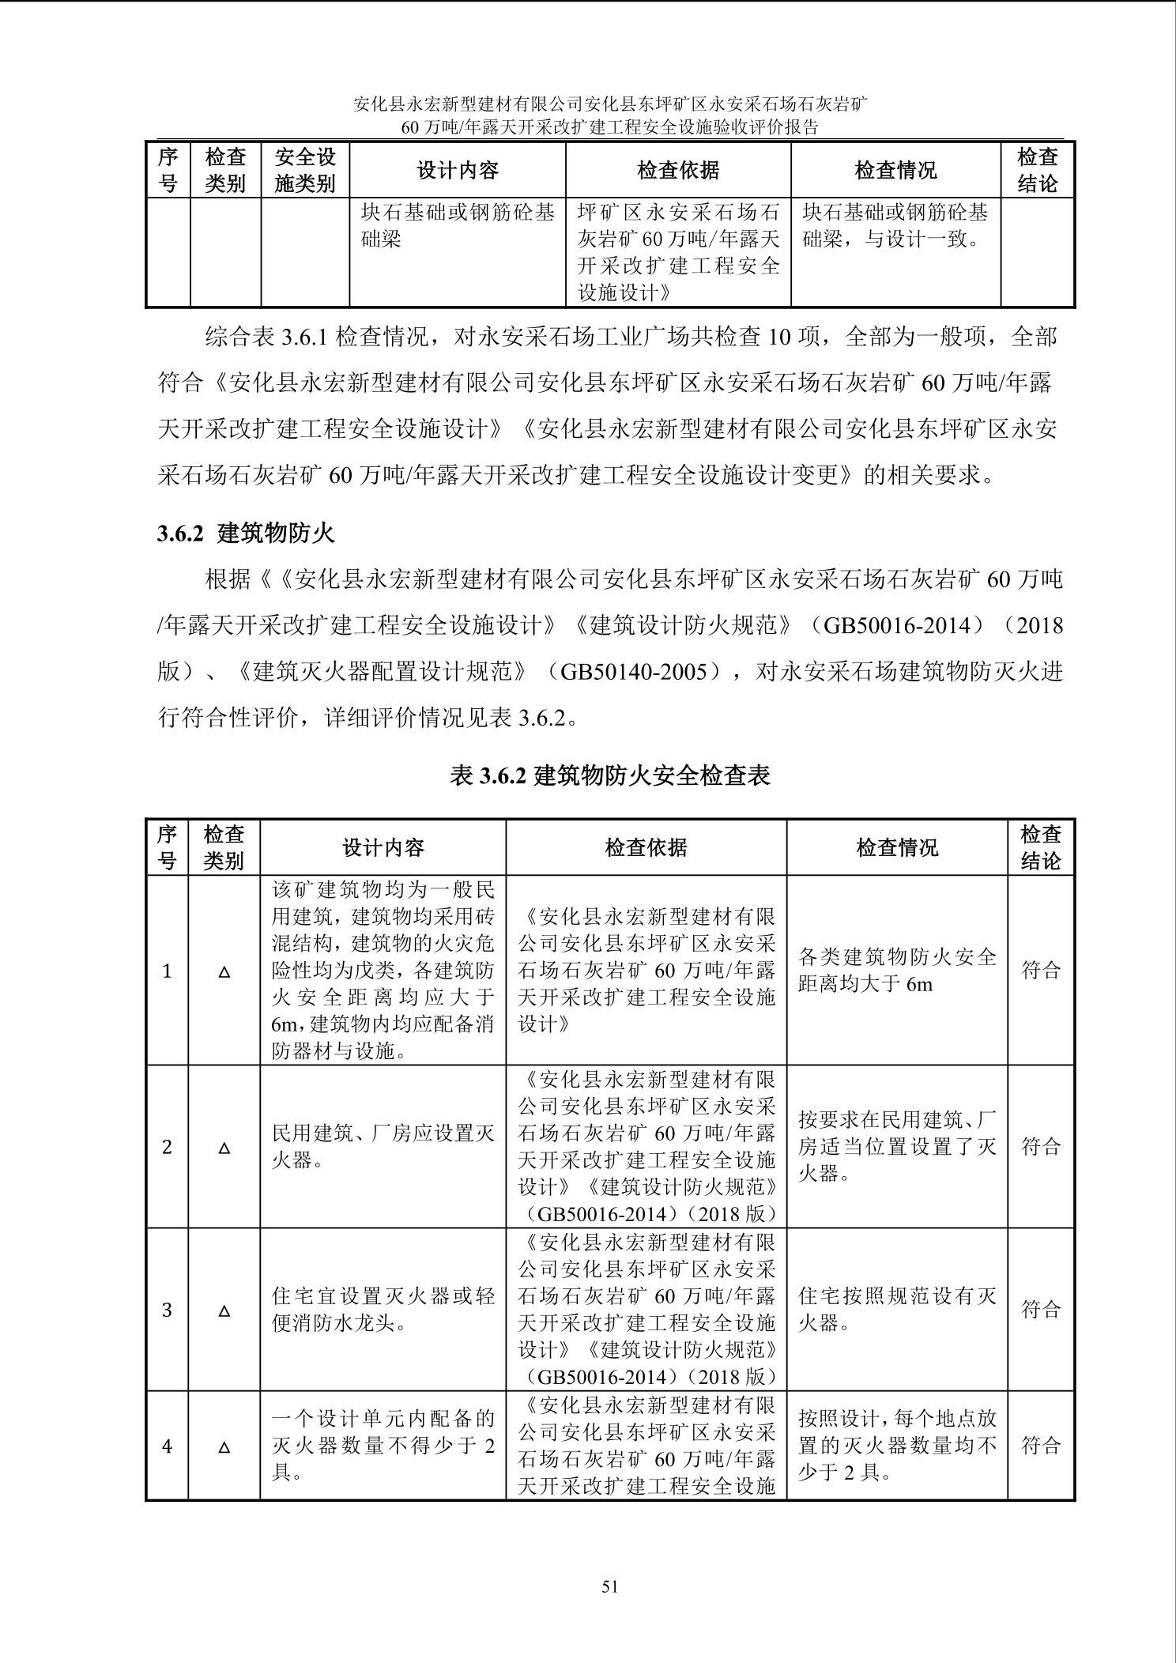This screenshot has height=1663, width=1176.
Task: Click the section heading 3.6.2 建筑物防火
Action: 246,534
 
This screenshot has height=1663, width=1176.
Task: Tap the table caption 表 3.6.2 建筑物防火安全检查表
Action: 609,775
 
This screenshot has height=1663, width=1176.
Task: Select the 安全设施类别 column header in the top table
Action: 305,170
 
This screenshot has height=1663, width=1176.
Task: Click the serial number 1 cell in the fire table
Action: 167,971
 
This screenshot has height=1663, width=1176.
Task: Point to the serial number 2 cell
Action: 167,1146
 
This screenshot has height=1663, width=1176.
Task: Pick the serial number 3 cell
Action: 167,1310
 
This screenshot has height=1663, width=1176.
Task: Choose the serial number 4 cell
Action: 167,1446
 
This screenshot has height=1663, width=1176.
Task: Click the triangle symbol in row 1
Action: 224,971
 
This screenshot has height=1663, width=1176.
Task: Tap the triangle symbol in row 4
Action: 224,1447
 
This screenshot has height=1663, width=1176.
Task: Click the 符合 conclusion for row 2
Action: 1041,1146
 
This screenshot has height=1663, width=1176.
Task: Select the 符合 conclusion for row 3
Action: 1041,1310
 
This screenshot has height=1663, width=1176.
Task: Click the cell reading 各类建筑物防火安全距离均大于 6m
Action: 897,971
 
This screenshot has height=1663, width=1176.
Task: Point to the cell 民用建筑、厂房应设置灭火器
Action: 383,1147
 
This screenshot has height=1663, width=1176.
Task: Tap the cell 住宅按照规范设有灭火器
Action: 897,1310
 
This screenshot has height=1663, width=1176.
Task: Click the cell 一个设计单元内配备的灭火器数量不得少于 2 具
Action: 383,1446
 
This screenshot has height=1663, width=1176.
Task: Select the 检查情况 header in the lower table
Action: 897,848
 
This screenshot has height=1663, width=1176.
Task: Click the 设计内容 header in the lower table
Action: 383,848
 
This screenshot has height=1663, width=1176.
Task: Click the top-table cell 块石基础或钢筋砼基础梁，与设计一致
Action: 895,225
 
